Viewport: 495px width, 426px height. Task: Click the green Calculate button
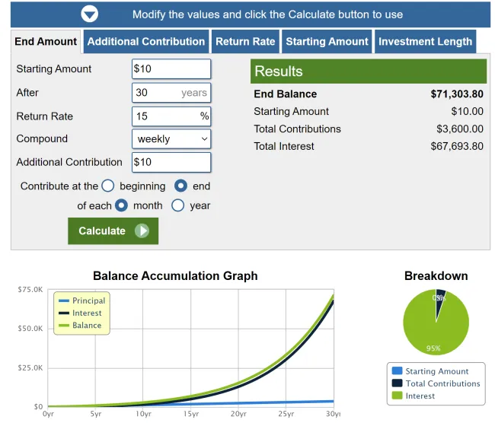(x=113, y=230)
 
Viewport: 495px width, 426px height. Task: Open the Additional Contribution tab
(x=145, y=42)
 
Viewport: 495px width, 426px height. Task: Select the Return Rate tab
(x=244, y=42)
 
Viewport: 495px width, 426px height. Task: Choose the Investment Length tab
(x=425, y=42)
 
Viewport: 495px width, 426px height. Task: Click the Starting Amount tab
(x=327, y=42)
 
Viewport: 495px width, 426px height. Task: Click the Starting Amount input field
(x=171, y=68)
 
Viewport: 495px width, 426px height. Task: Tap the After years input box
(x=171, y=93)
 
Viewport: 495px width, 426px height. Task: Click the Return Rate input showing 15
(x=171, y=116)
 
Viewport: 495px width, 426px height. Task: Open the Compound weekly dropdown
(x=171, y=139)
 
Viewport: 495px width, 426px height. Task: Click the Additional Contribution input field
(x=171, y=162)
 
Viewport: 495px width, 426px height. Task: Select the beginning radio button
(x=108, y=186)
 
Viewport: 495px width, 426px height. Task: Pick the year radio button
(x=178, y=205)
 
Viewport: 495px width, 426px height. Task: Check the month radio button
(x=122, y=205)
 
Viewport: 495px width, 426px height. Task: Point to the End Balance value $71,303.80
(x=457, y=94)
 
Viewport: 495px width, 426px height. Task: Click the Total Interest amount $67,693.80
(x=457, y=146)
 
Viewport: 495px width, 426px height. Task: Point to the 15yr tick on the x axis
(x=191, y=414)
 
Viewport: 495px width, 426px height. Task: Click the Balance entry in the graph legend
(x=87, y=326)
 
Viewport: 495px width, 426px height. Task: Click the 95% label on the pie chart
(x=433, y=348)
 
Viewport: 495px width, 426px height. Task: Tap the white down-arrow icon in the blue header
(x=90, y=14)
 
